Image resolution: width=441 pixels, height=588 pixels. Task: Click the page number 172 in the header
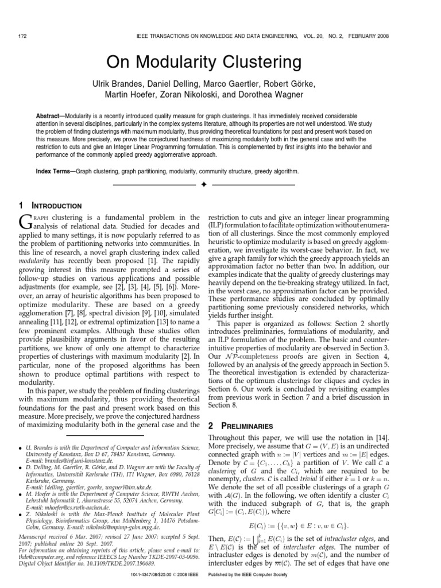pos(24,36)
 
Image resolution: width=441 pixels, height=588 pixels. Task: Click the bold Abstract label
pos(49,115)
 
